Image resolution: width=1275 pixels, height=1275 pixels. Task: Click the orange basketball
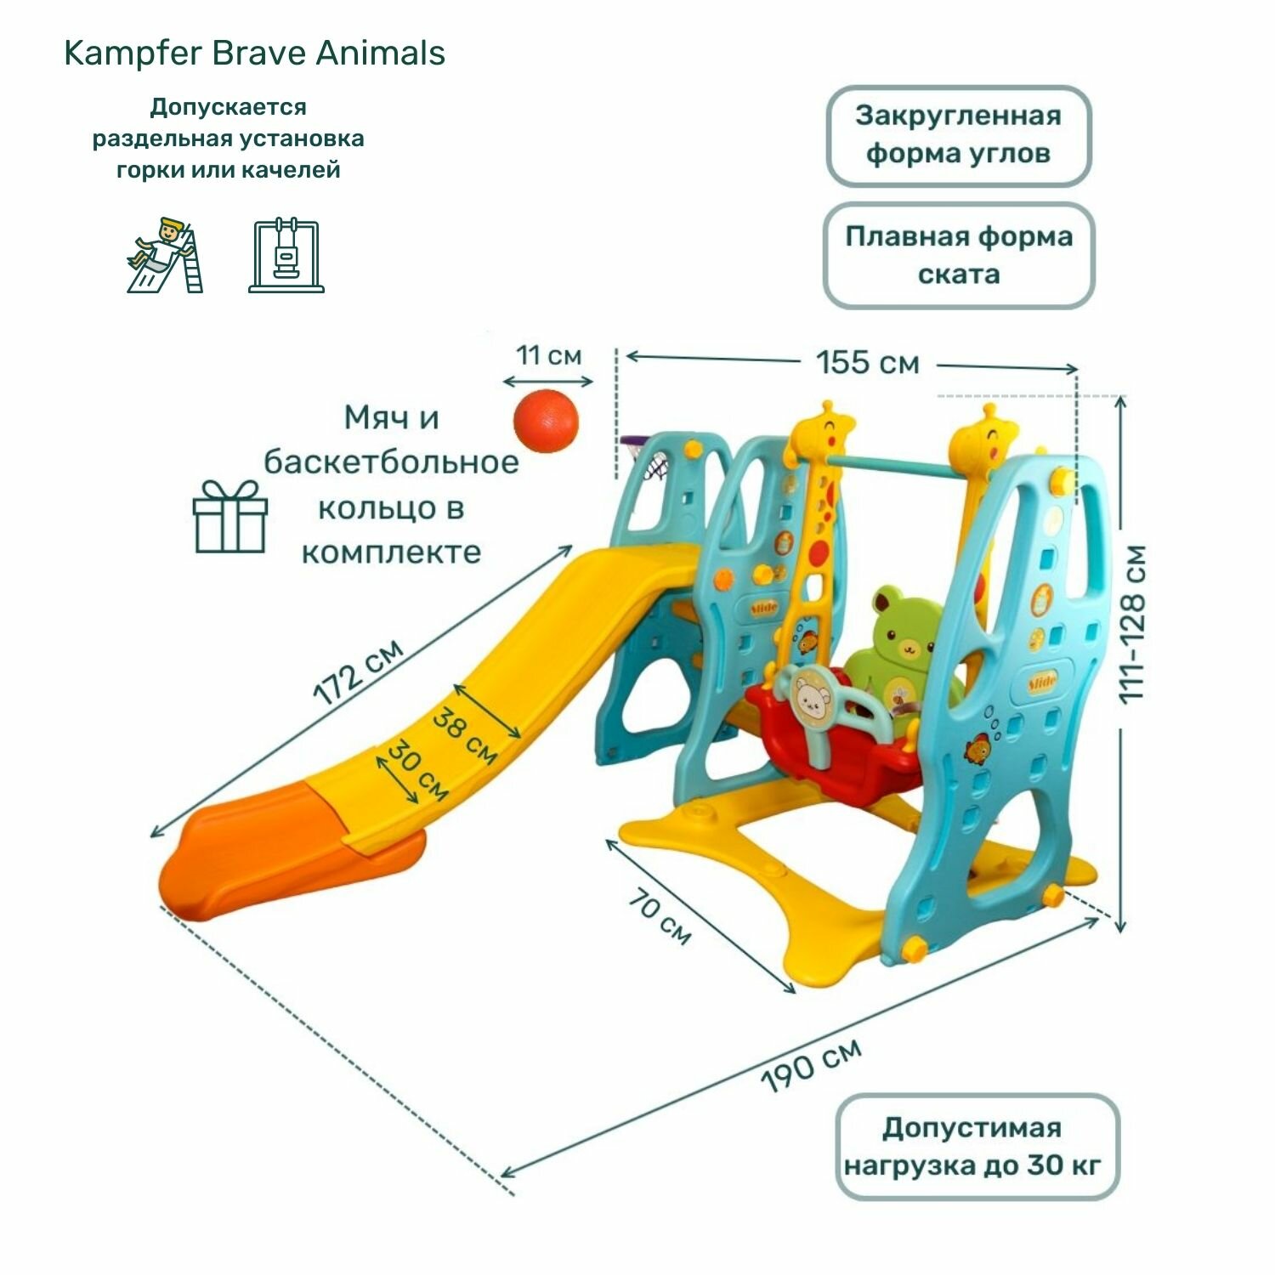click(545, 422)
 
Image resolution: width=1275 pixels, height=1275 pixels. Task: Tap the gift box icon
click(229, 516)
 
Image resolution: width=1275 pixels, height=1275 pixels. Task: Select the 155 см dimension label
click(868, 363)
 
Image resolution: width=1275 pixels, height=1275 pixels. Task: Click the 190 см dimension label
click(812, 1065)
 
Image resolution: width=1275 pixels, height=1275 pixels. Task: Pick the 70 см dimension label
click(660, 917)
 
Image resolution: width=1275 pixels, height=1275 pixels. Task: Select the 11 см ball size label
click(548, 355)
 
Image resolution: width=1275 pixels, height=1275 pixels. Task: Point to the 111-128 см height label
click(1133, 624)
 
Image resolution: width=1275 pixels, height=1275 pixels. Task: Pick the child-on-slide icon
click(164, 255)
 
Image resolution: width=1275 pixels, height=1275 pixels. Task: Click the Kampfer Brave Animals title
click(254, 54)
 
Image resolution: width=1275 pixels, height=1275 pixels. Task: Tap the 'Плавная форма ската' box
click(959, 255)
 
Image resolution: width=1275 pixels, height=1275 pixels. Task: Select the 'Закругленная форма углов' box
click(959, 135)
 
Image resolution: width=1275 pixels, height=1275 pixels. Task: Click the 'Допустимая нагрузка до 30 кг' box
click(977, 1146)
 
